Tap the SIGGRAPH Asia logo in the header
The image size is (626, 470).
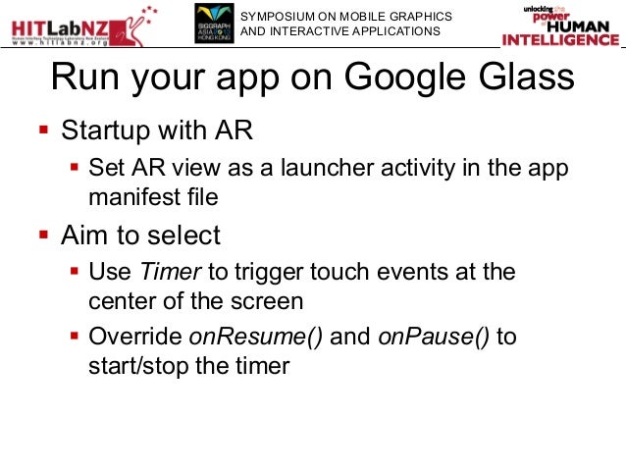click(214, 24)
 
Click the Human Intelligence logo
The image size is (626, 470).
click(559, 26)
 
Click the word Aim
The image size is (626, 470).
click(83, 235)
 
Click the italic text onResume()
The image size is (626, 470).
click(256, 337)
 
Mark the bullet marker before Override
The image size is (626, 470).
click(75, 337)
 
